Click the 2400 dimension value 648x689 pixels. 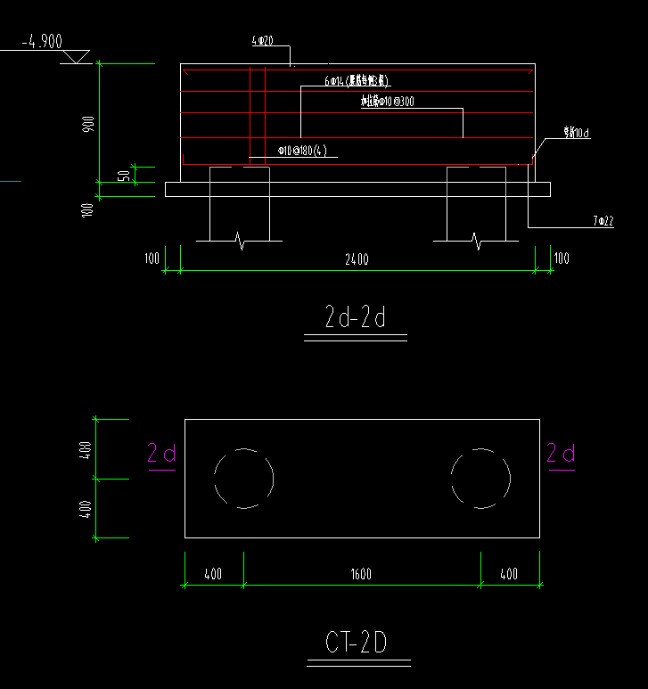point(357,259)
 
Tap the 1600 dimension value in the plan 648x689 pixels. point(361,575)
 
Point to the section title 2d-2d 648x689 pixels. point(355,317)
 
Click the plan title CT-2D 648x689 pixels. point(357,643)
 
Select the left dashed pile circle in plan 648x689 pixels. point(243,478)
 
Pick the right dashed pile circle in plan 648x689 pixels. point(480,478)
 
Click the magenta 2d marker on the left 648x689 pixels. point(161,454)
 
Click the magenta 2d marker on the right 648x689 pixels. point(561,454)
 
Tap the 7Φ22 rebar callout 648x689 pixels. point(603,220)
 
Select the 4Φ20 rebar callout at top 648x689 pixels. point(262,41)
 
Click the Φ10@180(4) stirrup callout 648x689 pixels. point(302,151)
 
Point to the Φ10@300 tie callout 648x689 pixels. point(388,102)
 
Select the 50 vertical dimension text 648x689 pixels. point(124,175)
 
